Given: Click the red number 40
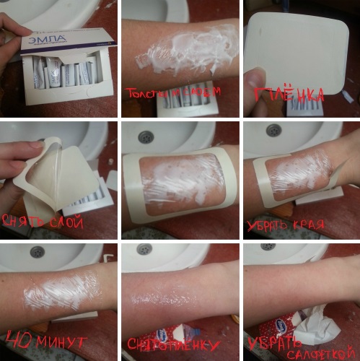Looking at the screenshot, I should click(x=19, y=340).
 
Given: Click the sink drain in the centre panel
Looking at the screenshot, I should click(x=146, y=136).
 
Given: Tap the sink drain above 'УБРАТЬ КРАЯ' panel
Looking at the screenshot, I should click(x=273, y=130).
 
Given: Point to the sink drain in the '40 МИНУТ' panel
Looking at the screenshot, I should click(x=37, y=252).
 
